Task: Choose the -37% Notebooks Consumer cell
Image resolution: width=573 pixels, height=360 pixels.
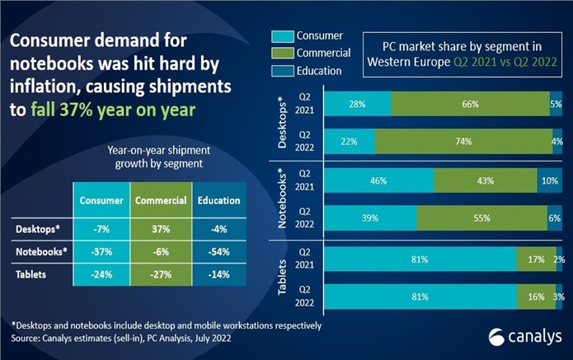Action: [102, 252]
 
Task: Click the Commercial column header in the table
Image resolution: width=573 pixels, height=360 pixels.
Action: [160, 200]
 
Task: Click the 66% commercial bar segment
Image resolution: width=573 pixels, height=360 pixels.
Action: [470, 104]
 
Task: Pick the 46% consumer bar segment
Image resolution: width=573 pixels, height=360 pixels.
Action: [379, 180]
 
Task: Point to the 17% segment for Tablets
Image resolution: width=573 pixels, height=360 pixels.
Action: [530, 260]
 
